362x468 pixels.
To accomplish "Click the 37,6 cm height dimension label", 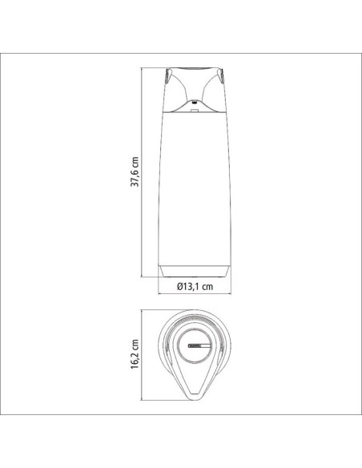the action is coord(135,171).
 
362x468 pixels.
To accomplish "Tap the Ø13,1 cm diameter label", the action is coord(195,287).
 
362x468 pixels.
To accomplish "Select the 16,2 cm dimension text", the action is coord(135,354).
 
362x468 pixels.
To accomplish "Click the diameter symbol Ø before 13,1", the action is coord(180,287).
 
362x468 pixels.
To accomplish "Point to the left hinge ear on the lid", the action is coord(167,75).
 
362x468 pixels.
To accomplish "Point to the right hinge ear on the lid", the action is coord(221,75).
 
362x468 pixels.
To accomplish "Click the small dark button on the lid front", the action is coord(195,102).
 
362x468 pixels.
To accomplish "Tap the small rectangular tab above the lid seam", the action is coord(195,111).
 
